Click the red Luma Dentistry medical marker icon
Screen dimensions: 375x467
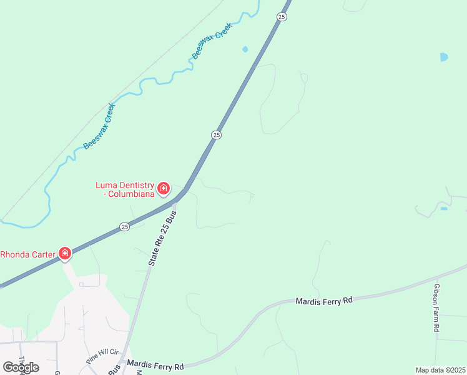(164, 187)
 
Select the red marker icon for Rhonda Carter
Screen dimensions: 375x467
(64, 253)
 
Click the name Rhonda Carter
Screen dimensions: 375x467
(28, 254)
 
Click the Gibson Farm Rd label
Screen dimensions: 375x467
(436, 307)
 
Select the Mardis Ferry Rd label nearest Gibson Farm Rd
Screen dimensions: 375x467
(325, 301)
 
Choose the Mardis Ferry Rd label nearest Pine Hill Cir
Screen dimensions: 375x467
(155, 364)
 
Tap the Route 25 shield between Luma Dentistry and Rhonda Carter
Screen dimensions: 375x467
(125, 226)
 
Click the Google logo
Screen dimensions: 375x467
(21, 367)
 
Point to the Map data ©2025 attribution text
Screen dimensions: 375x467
(440, 369)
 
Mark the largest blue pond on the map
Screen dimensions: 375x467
(443, 57)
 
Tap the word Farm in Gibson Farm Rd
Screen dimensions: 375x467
(436, 309)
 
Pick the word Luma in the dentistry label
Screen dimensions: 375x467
(105, 185)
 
